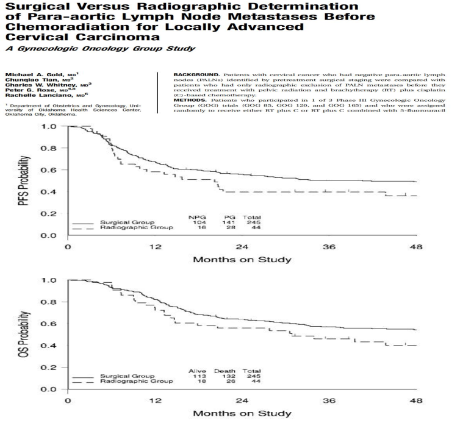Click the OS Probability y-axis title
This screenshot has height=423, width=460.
point(24,334)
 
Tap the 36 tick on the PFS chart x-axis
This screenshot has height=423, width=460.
point(329,248)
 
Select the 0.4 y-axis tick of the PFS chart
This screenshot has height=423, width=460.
point(52,192)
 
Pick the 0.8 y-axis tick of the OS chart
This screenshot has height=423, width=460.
point(52,302)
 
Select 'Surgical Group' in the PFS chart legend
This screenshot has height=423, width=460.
point(126,222)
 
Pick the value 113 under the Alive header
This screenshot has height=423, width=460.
point(197,375)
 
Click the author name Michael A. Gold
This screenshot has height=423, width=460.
point(29,74)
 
